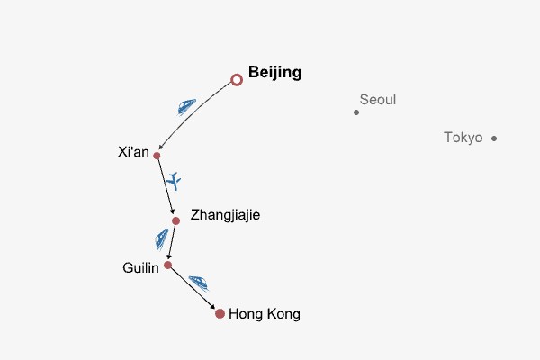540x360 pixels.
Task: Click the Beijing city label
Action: click(274, 73)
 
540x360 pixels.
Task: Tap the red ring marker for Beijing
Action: click(237, 80)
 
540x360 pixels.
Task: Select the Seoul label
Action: click(377, 100)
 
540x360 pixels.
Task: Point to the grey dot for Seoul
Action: click(356, 112)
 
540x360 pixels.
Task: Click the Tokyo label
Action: click(463, 138)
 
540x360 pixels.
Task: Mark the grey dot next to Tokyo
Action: click(494, 139)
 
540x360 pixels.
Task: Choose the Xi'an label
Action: click(133, 151)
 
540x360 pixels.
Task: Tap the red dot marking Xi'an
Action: click(157, 156)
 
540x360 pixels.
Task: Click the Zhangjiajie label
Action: click(226, 216)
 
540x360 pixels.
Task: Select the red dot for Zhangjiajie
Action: click(175, 220)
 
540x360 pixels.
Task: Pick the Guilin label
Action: click(140, 267)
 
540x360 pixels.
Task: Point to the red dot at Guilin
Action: click(167, 265)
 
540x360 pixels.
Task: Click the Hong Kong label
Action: click(265, 314)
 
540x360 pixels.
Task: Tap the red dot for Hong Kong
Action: click(220, 313)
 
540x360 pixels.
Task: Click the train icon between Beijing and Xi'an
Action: click(187, 106)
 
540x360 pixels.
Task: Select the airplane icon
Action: click(175, 181)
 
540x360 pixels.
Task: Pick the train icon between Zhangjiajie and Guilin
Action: click(161, 238)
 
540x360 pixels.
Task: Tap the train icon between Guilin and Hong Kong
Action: click(199, 283)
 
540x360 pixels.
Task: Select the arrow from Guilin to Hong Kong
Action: click(193, 289)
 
